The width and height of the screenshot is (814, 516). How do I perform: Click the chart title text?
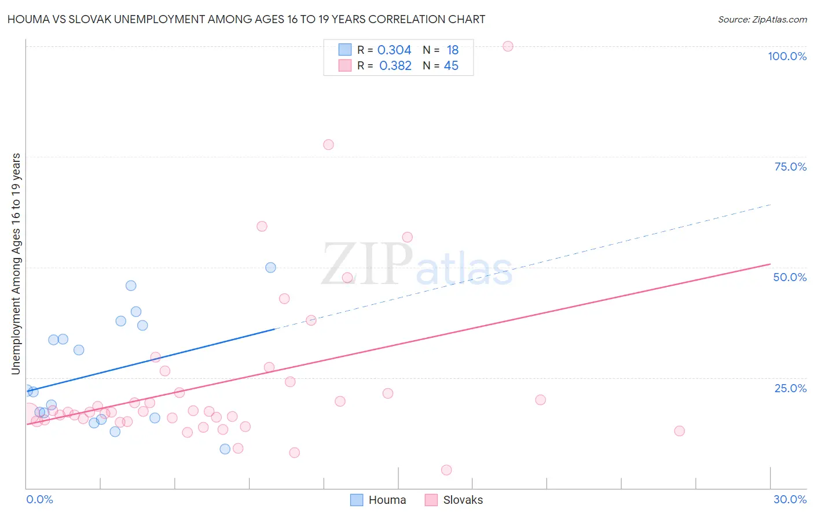coord(246,20)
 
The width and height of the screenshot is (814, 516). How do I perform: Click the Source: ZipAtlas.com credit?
coord(762,20)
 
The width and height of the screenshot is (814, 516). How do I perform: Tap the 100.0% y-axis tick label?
coord(787,56)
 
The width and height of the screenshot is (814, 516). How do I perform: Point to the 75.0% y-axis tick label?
coord(790,167)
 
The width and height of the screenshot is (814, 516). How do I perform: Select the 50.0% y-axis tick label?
coord(790,277)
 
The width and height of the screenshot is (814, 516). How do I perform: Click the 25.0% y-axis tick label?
coord(790,388)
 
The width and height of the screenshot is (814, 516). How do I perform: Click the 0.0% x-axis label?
coord(39,499)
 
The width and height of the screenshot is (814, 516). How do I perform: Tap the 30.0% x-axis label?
coord(790,499)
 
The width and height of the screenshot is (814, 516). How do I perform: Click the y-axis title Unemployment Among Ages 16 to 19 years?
coord(16,264)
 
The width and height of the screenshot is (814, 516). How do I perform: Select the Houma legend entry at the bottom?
coord(379,500)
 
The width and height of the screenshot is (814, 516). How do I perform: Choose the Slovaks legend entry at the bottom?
coord(454,500)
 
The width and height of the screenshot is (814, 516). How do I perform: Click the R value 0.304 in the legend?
coord(394,50)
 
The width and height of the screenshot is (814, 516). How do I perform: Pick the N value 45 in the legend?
coord(451,66)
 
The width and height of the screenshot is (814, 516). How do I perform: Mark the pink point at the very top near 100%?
coord(508,46)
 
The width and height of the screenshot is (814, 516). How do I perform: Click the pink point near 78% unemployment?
coord(328,145)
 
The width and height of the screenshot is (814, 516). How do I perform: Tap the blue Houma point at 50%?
coord(270,267)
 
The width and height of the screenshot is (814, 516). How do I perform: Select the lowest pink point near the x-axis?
coord(446,470)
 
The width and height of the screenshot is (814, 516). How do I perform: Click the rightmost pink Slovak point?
coord(680,431)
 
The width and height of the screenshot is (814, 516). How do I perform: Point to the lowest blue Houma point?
coord(225,449)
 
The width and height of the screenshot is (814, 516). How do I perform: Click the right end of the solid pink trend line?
coord(770,264)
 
